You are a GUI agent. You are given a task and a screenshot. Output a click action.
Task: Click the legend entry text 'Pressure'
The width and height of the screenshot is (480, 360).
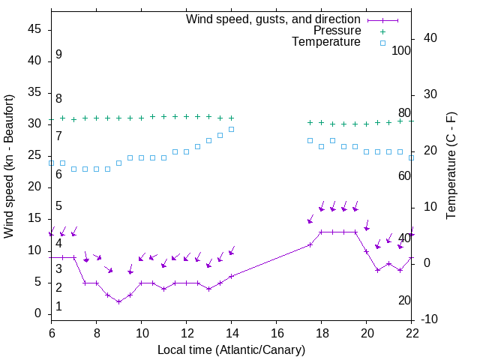[337, 31]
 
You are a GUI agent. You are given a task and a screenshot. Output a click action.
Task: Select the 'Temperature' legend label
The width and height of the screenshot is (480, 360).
[326, 43]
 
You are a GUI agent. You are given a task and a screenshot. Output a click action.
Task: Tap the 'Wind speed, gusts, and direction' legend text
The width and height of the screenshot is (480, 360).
[273, 19]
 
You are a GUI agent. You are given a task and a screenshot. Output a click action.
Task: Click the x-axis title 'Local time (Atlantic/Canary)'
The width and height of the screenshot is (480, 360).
[232, 350]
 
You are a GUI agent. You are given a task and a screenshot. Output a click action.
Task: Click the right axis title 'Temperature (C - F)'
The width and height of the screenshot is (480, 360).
[451, 166]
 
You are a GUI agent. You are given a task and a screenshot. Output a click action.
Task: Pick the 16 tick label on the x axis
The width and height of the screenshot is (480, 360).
[277, 332]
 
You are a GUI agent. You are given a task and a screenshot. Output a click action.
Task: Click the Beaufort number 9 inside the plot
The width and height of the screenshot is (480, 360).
[58, 55]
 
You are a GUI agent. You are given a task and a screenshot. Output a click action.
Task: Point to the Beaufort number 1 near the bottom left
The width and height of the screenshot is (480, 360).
[58, 307]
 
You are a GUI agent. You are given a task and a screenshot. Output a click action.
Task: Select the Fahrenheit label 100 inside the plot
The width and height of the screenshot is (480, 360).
[401, 50]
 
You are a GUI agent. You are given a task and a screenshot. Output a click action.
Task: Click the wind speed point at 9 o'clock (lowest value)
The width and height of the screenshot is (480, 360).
[118, 301]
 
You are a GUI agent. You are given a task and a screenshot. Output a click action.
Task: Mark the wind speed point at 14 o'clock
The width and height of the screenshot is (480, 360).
[231, 276]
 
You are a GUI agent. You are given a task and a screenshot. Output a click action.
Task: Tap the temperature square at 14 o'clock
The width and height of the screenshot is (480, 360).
[231, 129]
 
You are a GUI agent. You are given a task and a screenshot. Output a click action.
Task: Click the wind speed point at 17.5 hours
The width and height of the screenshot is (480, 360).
[310, 244]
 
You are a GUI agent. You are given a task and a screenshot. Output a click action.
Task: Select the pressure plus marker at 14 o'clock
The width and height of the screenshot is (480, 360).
[231, 118]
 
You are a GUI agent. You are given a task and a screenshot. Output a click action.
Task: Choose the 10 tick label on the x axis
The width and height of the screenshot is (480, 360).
[142, 332]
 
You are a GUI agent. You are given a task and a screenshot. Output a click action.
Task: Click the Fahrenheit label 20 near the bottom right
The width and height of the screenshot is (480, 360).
[404, 301]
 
